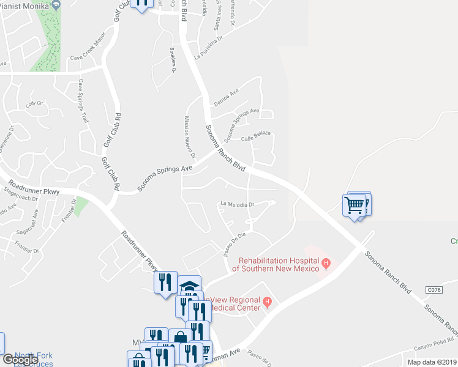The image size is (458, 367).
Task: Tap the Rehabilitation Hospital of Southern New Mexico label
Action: coord(279,265)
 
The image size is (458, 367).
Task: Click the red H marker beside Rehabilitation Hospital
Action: coord(326,264)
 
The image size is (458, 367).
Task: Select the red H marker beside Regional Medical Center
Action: coord(267,301)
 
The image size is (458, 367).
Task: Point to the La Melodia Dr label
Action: coord(237,204)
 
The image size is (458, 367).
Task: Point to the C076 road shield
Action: coord(434,289)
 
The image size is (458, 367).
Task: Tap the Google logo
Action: coord(20,359)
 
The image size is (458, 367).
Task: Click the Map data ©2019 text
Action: coord(432,362)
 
